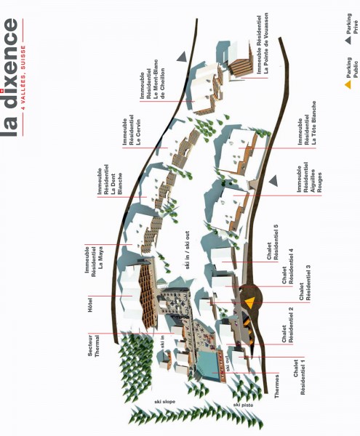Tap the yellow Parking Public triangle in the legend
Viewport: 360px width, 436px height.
pyautogui.click(x=348, y=85)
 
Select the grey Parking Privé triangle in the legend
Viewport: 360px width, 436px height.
pyautogui.click(x=348, y=40)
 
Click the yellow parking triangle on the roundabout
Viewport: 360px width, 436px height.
pyautogui.click(x=250, y=302)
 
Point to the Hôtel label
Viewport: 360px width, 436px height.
pyautogui.click(x=90, y=304)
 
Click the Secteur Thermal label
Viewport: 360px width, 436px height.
pyautogui.click(x=94, y=346)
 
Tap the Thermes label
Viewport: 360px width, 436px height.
pyautogui.click(x=276, y=387)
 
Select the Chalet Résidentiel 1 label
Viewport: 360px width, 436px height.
pyautogui.click(x=299, y=376)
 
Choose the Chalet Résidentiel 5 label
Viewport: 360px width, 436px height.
pyautogui.click(x=273, y=242)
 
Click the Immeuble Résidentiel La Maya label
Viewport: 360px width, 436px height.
pyautogui.click(x=94, y=262)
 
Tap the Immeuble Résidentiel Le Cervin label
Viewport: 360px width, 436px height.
pyautogui.click(x=132, y=130)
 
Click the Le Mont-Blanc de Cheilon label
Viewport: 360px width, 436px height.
pyautogui.click(x=159, y=79)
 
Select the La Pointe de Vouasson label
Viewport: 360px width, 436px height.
pyautogui.click(x=266, y=43)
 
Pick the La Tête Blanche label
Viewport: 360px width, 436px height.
pyautogui.click(x=313, y=123)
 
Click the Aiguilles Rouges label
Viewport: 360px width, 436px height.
pyautogui.click(x=316, y=181)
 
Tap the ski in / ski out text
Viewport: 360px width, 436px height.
pyautogui.click(x=187, y=250)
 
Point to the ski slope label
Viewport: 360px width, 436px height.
pyautogui.click(x=165, y=402)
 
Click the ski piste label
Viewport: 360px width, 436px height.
pyautogui.click(x=243, y=405)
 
